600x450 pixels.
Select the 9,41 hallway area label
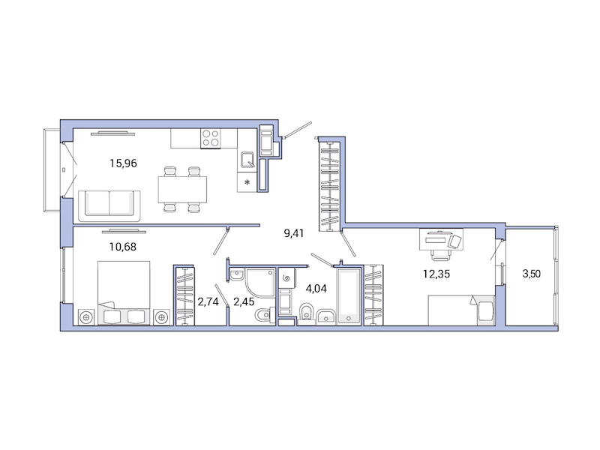tap(295, 233)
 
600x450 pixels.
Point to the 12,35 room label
tap(436, 274)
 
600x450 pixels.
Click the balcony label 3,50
tap(530, 274)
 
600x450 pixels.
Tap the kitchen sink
tap(247, 159)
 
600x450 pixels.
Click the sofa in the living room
tap(109, 203)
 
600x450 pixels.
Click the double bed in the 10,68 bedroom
tap(123, 293)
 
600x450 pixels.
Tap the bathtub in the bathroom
tap(349, 295)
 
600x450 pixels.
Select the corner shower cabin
tap(259, 284)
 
